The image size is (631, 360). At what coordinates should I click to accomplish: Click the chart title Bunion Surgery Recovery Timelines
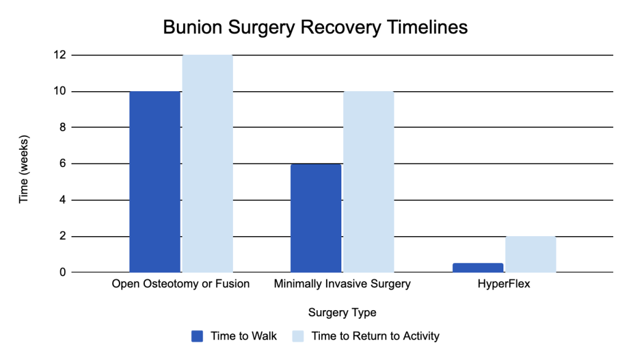tap(315, 28)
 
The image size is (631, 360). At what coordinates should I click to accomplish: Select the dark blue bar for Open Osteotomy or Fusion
tap(155, 182)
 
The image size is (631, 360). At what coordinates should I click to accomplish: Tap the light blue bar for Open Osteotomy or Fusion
tap(208, 164)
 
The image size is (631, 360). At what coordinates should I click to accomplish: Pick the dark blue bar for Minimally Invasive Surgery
tap(316, 218)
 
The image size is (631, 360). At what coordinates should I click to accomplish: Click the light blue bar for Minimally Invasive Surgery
tap(368, 182)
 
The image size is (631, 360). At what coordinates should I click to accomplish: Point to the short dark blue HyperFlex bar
tap(478, 268)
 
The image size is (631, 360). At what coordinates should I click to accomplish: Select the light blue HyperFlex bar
tap(531, 255)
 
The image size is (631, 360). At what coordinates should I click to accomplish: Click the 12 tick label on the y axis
tap(60, 55)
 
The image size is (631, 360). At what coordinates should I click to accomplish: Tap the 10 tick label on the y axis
tap(60, 91)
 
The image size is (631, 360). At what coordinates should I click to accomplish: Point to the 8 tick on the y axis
tap(62, 127)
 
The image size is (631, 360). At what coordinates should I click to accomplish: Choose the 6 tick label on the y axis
tap(62, 163)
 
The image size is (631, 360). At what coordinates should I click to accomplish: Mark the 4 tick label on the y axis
tap(62, 200)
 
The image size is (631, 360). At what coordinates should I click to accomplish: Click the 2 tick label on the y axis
tap(62, 236)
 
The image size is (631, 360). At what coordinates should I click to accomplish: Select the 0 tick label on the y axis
tap(62, 272)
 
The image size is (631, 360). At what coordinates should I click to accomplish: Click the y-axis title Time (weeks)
tap(24, 169)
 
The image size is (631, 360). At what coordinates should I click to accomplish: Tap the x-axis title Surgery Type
tap(342, 313)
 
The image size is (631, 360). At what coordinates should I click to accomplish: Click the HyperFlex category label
tap(504, 284)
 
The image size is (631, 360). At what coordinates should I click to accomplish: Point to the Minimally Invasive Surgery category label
tap(342, 284)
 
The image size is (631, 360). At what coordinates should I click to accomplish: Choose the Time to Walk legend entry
tap(234, 336)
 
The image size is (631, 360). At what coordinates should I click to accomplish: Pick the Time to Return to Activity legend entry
tap(366, 336)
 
